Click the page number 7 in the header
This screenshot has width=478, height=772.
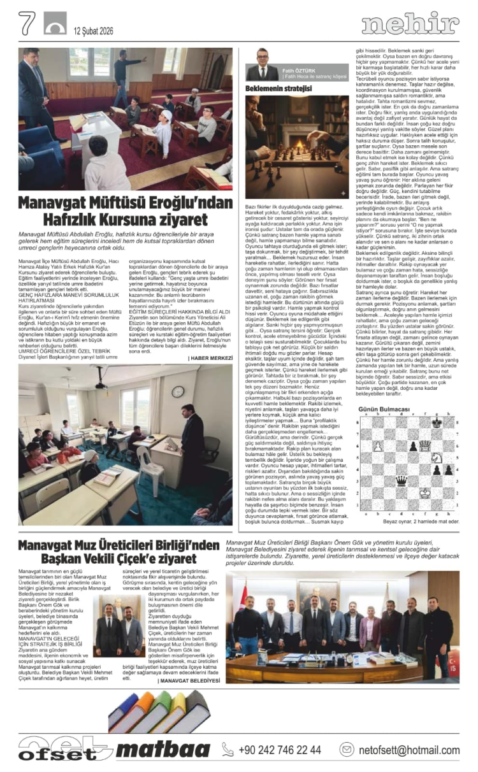(26, 24)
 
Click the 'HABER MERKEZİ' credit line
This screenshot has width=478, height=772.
(210, 358)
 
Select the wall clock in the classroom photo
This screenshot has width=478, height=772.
(178, 391)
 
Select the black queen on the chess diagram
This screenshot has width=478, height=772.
(419, 481)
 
